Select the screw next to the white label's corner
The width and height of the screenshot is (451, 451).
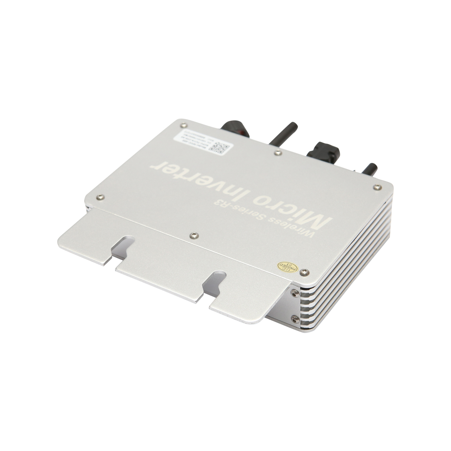click(183, 126)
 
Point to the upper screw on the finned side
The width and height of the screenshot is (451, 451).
click(294, 290)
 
